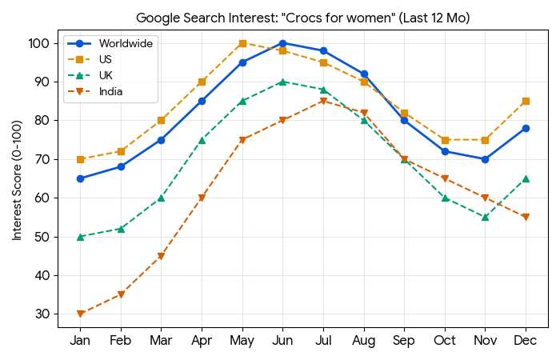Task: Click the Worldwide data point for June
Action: point(282,43)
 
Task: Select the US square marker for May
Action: point(242,43)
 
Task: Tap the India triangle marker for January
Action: point(80,314)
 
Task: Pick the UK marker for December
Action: point(526,178)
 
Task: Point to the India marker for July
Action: point(323,101)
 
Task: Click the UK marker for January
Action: point(80,237)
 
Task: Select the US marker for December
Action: point(526,101)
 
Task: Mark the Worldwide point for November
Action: point(485,159)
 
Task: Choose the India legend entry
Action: point(111,91)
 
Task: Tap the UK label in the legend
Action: point(106,75)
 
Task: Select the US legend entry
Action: point(106,59)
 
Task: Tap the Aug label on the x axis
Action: point(363,341)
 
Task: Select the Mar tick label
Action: point(161,341)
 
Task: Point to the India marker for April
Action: point(202,198)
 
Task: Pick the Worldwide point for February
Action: point(121,166)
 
